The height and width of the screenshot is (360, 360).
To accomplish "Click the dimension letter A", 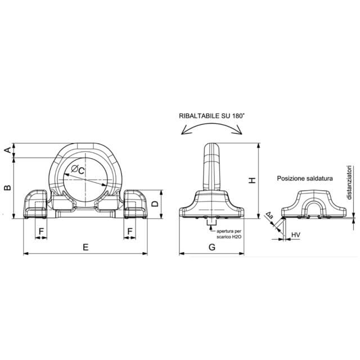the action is tap(8, 150).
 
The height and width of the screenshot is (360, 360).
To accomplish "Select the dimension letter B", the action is tap(8, 187).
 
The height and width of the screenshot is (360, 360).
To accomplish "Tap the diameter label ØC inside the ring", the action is tap(78, 170).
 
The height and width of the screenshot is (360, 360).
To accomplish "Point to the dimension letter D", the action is tap(155, 204).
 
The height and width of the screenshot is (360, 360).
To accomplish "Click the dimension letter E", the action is tap(85, 247).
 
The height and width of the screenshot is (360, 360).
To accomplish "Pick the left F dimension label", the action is tap(41, 231).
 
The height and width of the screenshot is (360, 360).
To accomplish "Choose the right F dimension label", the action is tap(130, 231).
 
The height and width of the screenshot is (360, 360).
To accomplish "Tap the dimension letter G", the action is tap(212, 247).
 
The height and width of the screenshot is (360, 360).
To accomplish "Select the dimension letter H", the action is tap(253, 181).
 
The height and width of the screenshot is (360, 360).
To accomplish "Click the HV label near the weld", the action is tap(296, 235).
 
